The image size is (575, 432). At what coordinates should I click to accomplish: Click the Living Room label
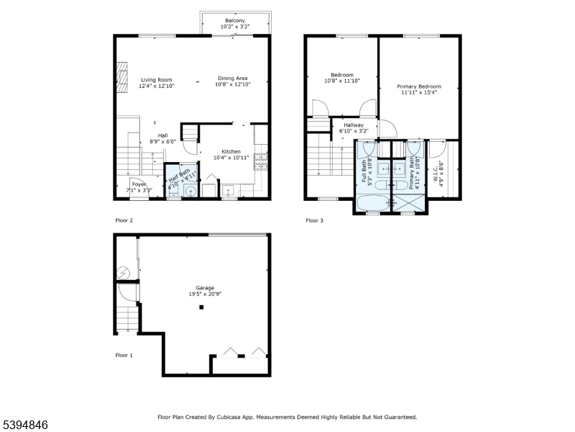[x=156, y=80]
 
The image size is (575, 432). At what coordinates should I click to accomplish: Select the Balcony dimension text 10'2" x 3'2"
[x=235, y=27]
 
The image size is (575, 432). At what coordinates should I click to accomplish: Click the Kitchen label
[x=231, y=151]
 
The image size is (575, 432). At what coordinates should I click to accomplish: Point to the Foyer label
[x=139, y=184]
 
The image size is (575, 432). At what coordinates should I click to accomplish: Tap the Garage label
[x=205, y=288]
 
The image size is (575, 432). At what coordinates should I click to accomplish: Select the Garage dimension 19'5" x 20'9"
[x=205, y=294]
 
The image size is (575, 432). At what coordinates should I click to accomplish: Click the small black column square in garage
[x=202, y=307]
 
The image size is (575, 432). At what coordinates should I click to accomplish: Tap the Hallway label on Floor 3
[x=353, y=125]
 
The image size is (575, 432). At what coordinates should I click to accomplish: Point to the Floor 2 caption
[x=124, y=220]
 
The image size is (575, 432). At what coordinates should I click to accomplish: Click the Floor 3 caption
[x=314, y=220]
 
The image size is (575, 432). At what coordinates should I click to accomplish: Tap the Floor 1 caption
[x=124, y=355]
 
